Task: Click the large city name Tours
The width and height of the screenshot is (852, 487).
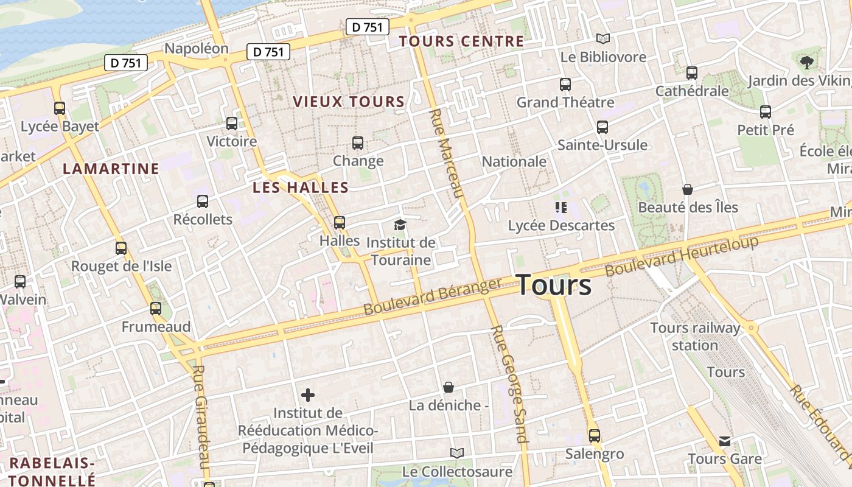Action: click(554, 285)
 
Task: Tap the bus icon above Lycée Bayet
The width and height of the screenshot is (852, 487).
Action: click(59, 108)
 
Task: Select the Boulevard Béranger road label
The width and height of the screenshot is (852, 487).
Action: click(433, 296)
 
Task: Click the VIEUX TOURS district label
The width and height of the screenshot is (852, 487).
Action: click(349, 102)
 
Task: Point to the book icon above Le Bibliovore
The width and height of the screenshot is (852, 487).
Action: click(602, 39)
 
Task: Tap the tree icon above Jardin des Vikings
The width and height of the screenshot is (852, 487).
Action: click(807, 61)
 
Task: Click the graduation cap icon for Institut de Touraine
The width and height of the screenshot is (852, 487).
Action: click(400, 225)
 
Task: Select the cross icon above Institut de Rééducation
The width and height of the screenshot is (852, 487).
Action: click(308, 395)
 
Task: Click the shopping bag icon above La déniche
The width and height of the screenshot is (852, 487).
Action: click(449, 387)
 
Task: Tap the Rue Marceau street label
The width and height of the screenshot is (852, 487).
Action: click(447, 153)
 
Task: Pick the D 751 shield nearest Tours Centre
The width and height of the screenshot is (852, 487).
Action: click(368, 27)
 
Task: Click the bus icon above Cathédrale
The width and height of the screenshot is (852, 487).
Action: click(691, 73)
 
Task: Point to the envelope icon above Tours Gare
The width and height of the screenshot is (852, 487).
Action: click(724, 441)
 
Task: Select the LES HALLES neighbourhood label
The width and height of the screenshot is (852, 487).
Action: click(301, 187)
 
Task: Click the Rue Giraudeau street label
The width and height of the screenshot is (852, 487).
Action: click(202, 416)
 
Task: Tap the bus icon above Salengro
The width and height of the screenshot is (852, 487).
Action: click(594, 436)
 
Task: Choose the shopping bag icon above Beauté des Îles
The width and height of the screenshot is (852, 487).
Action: click(688, 189)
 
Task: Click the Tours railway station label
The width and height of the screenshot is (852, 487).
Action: click(695, 336)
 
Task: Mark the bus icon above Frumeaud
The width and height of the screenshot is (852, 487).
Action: click(156, 309)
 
